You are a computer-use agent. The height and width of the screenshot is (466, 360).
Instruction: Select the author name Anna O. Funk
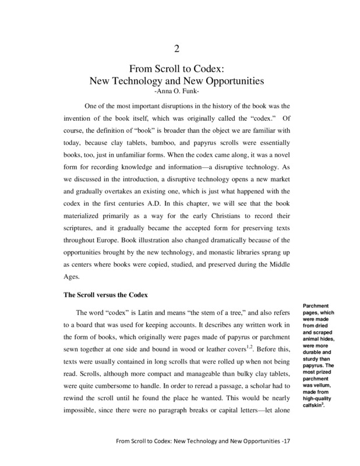click(180, 91)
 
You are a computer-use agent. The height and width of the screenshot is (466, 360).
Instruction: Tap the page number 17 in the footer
click(286, 457)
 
